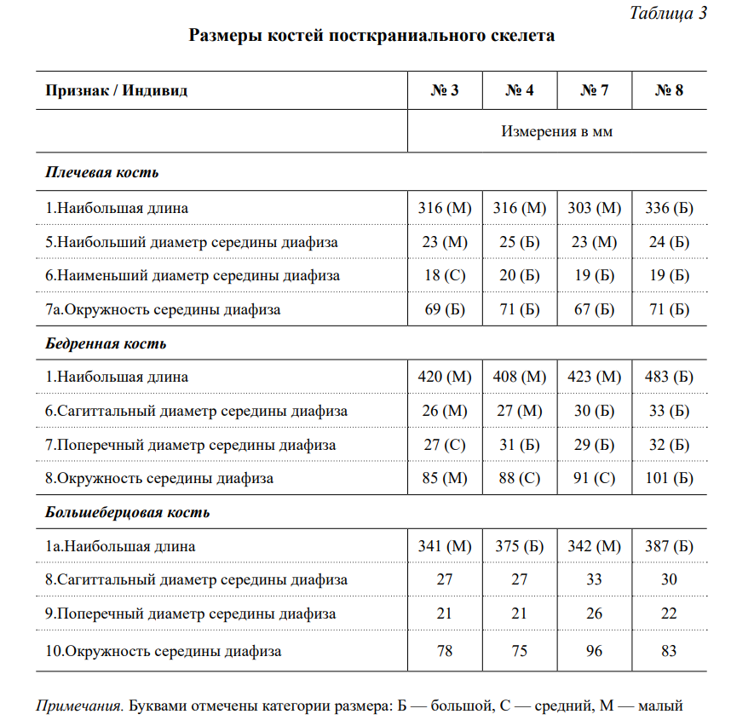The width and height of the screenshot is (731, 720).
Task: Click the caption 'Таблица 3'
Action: (668, 13)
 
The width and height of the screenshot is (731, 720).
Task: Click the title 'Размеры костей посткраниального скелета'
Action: (371, 36)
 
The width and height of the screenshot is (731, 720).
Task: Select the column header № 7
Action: (594, 90)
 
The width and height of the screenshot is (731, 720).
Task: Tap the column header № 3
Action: (445, 90)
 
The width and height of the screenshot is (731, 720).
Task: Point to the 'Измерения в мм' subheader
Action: (556, 132)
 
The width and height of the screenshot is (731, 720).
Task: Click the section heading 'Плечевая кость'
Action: (102, 173)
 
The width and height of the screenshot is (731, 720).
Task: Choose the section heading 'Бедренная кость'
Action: (106, 344)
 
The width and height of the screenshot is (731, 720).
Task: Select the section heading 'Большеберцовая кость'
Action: (127, 513)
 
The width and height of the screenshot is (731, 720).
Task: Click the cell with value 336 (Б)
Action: (669, 208)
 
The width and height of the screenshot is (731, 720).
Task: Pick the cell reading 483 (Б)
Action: (669, 377)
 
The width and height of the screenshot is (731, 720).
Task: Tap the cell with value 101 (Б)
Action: (669, 478)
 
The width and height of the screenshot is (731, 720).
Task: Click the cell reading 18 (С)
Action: (445, 275)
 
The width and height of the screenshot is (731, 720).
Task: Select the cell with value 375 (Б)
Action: (520, 546)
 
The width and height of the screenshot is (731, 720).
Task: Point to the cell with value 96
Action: (594, 651)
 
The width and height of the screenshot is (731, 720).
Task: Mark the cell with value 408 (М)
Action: (520, 377)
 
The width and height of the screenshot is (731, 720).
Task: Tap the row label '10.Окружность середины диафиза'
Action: (163, 651)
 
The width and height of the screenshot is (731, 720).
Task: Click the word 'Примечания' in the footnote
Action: (80, 706)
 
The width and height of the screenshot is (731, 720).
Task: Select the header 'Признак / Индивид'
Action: (116, 90)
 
